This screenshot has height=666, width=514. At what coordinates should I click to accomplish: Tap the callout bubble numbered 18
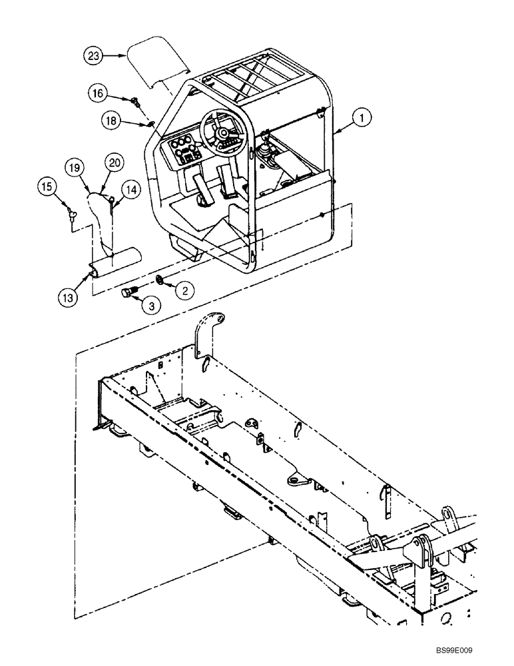[111, 120]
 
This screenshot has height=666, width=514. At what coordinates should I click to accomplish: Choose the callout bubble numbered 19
[75, 168]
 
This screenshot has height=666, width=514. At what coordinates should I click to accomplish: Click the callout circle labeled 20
[114, 162]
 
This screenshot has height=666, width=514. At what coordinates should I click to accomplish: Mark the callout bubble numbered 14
[131, 189]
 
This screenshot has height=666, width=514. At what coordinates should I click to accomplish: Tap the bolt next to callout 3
[128, 292]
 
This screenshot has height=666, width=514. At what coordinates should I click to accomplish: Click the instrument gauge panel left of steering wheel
[186, 151]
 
